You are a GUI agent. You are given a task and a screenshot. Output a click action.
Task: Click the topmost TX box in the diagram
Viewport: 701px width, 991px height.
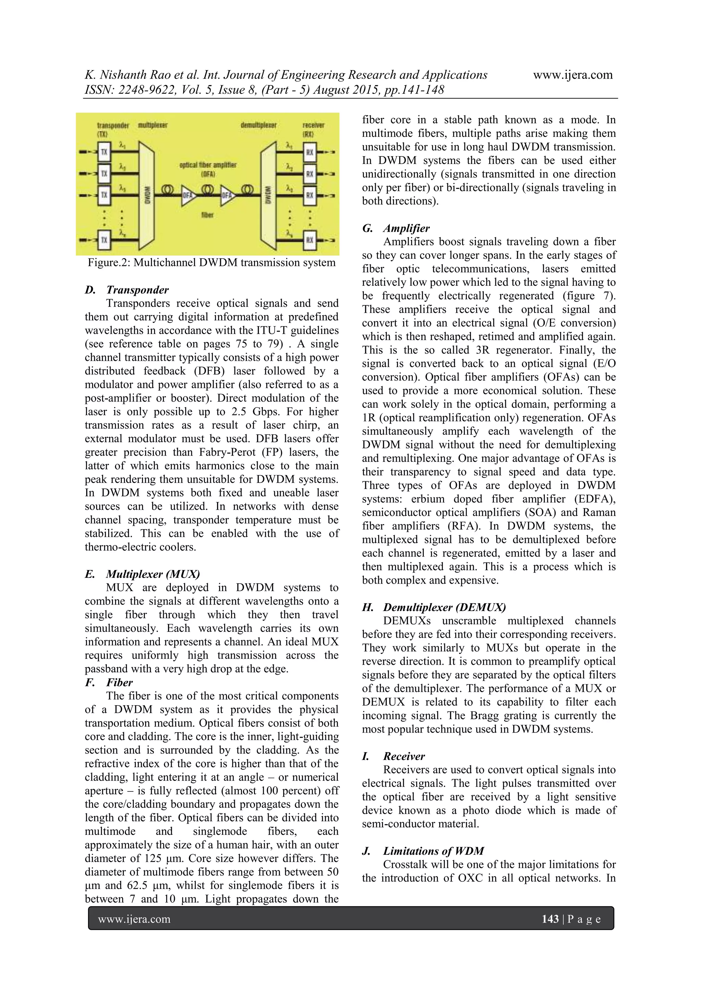[x=104, y=152]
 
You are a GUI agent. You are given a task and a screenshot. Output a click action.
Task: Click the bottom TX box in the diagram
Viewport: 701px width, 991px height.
[x=104, y=240]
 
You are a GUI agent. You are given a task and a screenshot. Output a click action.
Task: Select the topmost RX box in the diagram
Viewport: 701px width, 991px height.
[x=309, y=152]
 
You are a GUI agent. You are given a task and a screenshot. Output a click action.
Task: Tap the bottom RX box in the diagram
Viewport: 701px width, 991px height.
[x=309, y=240]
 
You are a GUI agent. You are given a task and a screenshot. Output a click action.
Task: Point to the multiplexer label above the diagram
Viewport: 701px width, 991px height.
[x=152, y=125]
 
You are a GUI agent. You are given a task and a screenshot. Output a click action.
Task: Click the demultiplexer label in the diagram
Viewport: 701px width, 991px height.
[x=258, y=125]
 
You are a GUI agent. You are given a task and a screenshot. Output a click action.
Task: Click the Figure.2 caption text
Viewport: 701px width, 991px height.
[x=211, y=263]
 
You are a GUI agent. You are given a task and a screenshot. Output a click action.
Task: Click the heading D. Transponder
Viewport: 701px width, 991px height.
[x=126, y=290]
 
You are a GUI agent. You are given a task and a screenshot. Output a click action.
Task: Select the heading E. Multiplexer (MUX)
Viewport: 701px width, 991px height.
[x=142, y=574]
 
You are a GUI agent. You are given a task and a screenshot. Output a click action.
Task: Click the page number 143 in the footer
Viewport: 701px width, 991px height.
[x=550, y=919]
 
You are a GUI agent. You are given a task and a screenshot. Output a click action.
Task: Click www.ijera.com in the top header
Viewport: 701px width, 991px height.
[x=573, y=75]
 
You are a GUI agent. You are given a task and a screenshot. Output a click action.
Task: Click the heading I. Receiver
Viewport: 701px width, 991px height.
[x=393, y=756]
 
